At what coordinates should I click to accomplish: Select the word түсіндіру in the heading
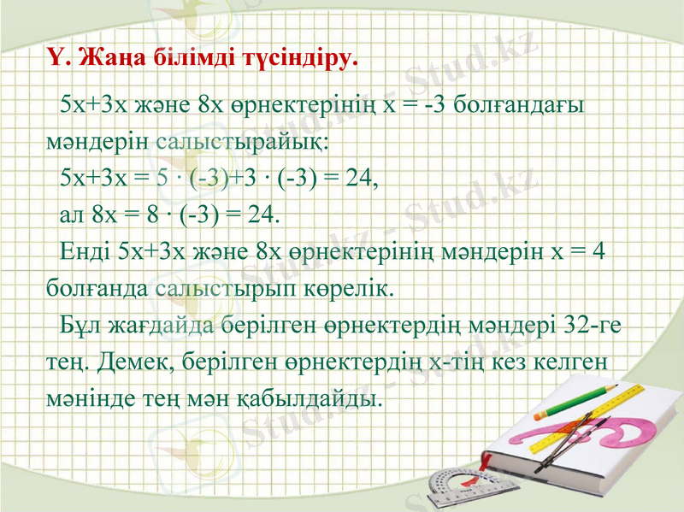(x=298, y=59)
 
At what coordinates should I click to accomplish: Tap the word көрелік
(x=355, y=287)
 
